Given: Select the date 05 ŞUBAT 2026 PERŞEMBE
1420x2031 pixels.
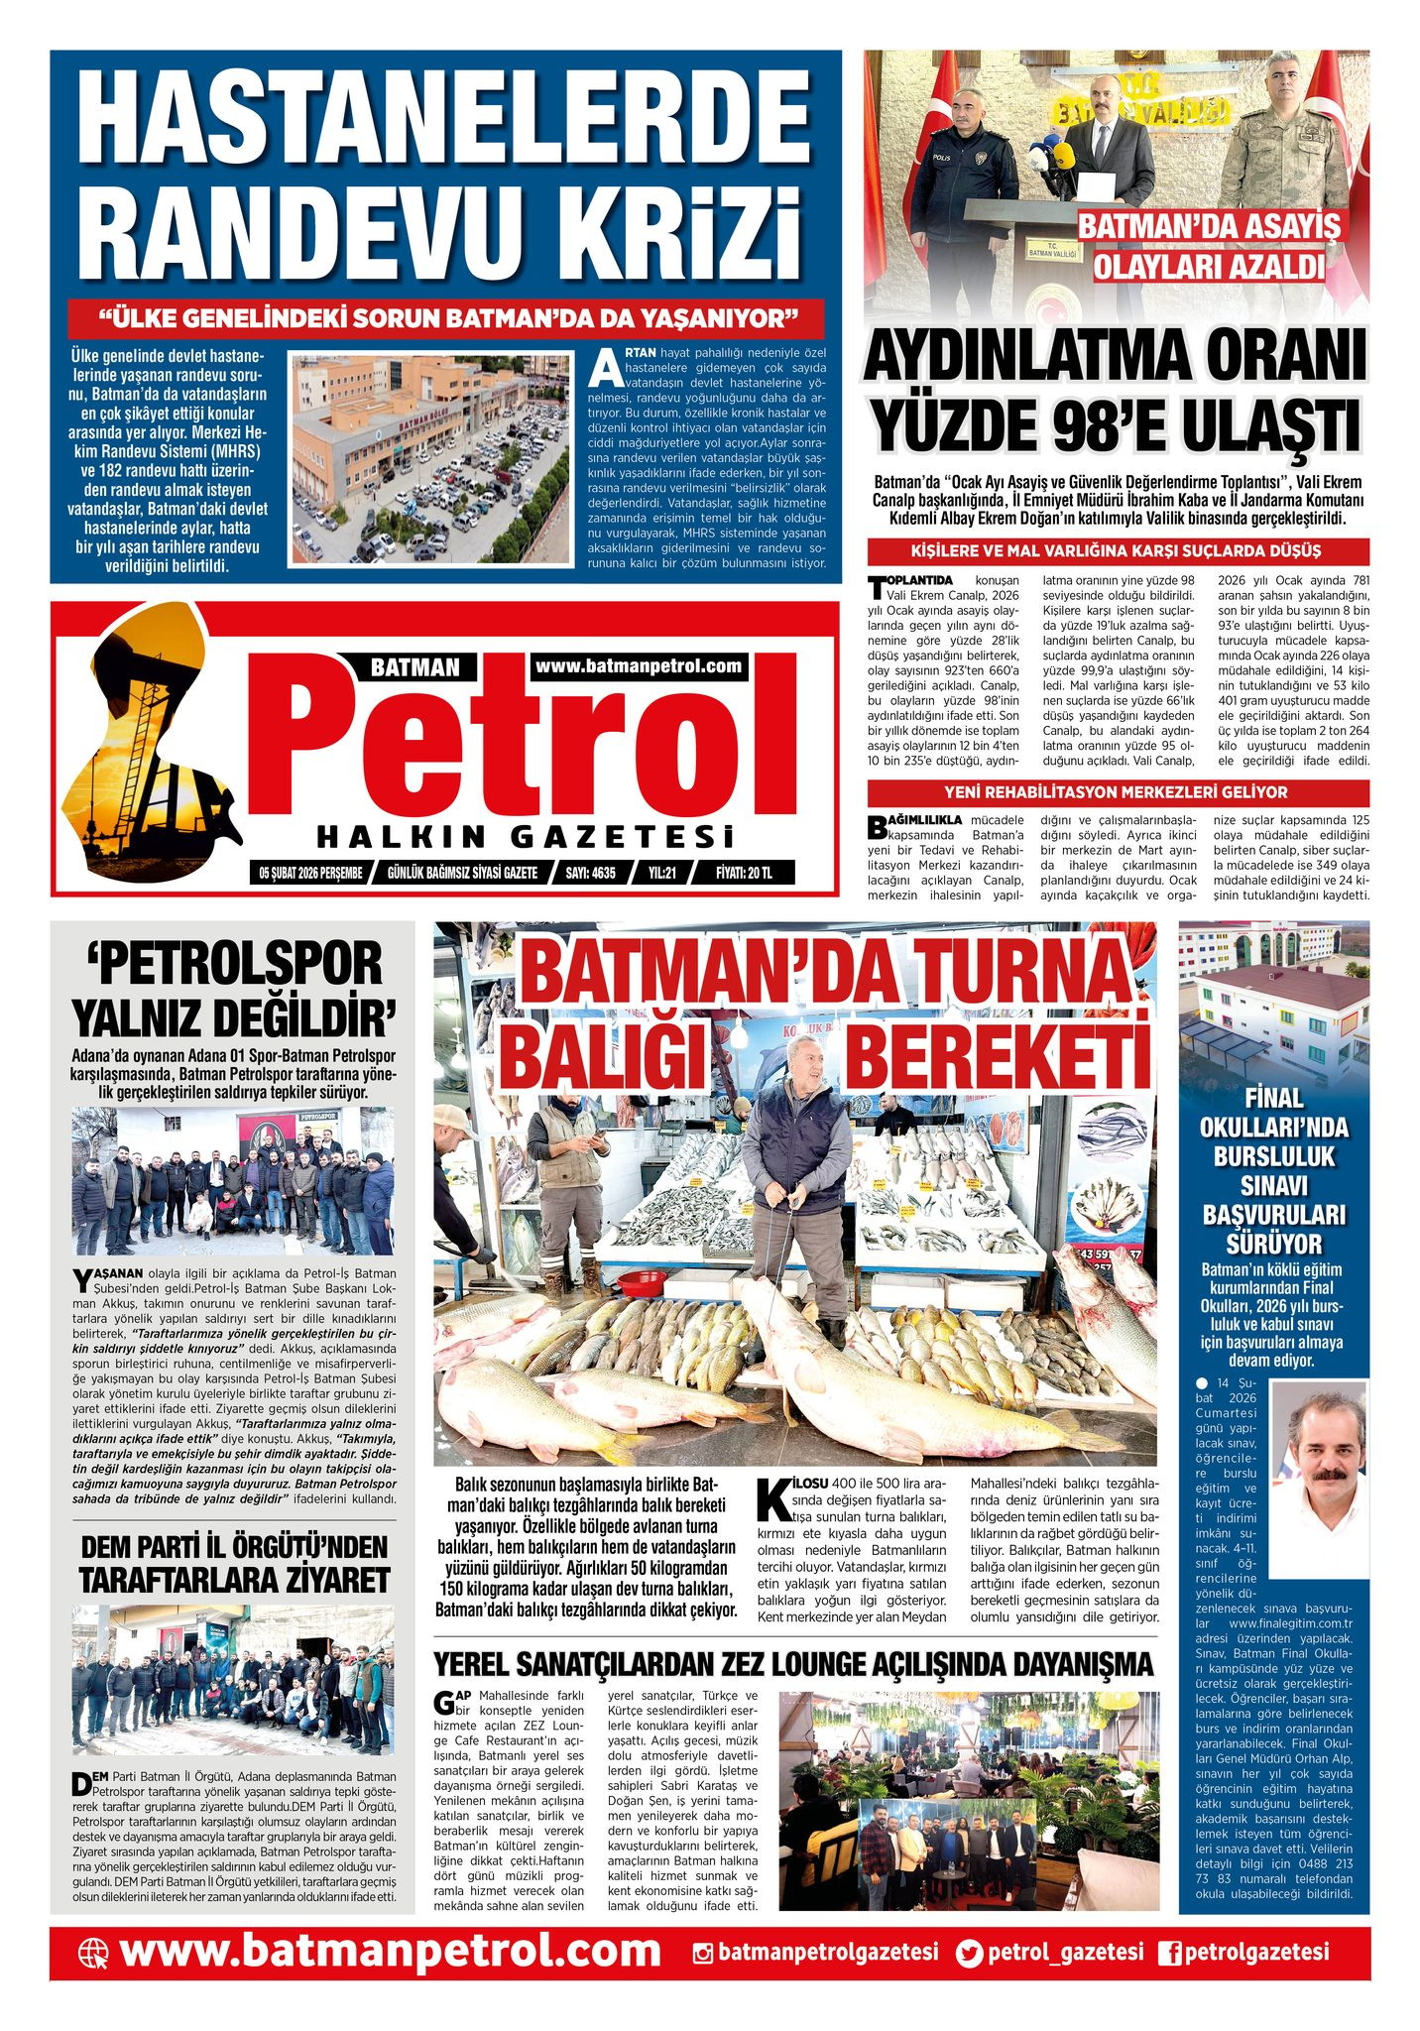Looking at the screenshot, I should pos(310,873).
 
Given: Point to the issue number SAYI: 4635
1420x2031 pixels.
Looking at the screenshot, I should pos(590,873).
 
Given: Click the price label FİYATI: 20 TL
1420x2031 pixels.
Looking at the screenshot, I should pos(744,873).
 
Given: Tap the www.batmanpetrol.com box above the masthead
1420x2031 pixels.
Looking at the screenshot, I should pos(639,666).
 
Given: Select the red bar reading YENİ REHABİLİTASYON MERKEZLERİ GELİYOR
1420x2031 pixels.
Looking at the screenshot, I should pos(1117,792).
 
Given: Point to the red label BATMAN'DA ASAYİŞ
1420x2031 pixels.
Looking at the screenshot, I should pos(1208,226).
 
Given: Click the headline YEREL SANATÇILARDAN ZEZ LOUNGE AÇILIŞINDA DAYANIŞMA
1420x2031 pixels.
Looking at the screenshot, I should pos(793,1663).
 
